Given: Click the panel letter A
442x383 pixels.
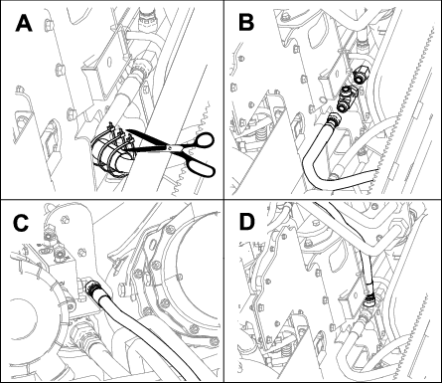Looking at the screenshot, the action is coord(24,24).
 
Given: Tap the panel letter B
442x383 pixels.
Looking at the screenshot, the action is coord(246,23).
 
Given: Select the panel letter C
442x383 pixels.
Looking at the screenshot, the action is coord(21,223).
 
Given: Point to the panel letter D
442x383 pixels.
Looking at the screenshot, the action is coord(247,222).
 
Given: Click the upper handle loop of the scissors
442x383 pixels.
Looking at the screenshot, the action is coord(203,139).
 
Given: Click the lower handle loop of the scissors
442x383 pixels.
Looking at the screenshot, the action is coord(202,165).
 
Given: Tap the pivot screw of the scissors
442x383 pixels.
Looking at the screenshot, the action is coord(171,147).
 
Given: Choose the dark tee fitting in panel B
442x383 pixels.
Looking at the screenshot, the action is coord(346,98).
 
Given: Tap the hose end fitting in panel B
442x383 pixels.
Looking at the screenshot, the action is coord(336,119).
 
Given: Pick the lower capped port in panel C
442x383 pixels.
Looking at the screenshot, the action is coord(60,254).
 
